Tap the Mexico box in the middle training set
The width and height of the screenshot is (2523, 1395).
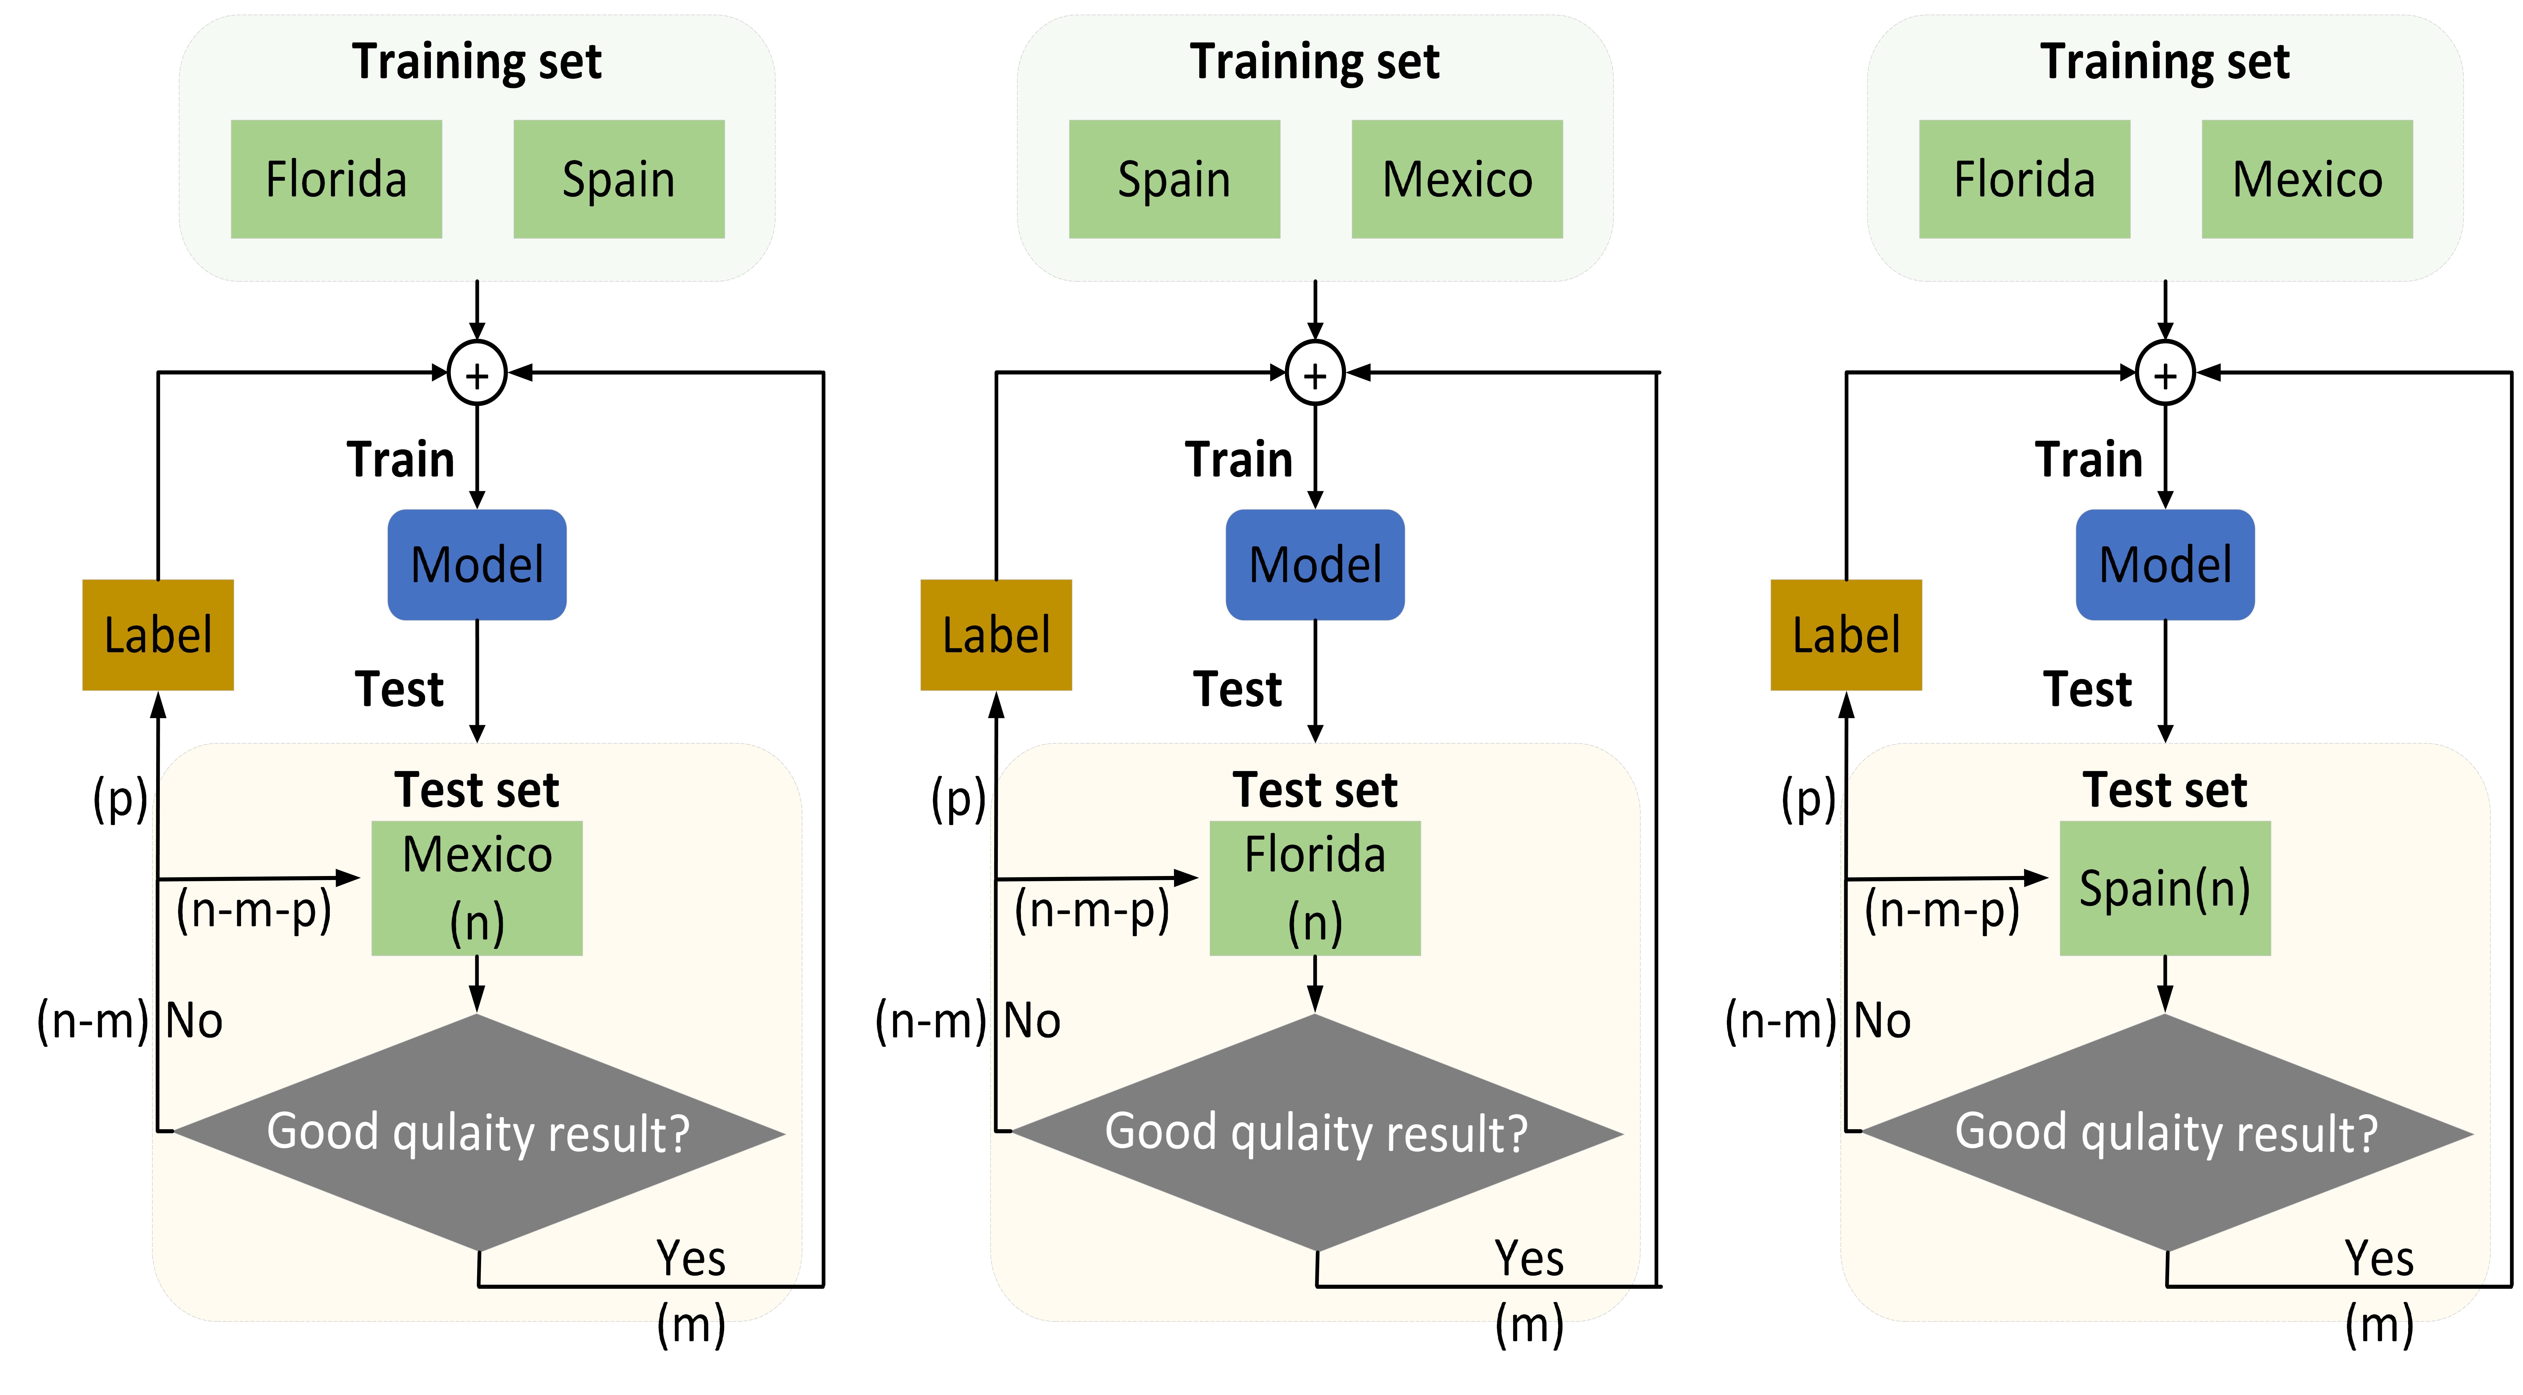(x=1456, y=179)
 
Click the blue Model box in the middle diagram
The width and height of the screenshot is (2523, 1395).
(x=1314, y=565)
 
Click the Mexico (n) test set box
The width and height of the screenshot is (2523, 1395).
(x=477, y=888)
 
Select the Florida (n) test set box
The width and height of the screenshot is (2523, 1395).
(x=1314, y=888)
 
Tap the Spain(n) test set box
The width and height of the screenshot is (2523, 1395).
(x=2165, y=888)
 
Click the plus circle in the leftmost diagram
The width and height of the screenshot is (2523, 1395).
(x=477, y=373)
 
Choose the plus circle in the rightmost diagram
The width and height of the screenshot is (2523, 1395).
(x=2165, y=373)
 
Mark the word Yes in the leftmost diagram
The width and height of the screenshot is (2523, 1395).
(x=690, y=1258)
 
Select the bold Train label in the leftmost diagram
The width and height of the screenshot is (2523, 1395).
(x=401, y=459)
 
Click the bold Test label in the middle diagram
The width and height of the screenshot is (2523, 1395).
(x=1237, y=689)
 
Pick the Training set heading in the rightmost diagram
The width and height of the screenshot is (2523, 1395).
(x=2165, y=62)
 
